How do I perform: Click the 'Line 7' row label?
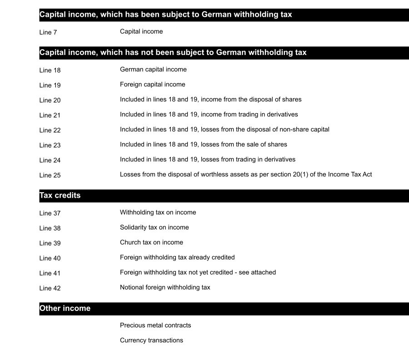click(48, 32)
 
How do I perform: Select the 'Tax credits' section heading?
click(60, 195)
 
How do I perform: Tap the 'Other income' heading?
click(65, 308)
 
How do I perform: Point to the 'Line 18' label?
click(50, 70)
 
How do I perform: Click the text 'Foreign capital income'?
click(153, 85)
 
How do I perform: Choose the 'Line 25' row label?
click(50, 175)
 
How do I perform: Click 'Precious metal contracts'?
click(155, 325)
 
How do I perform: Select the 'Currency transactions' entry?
click(151, 340)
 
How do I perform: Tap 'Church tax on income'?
click(151, 243)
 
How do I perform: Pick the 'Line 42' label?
click(50, 289)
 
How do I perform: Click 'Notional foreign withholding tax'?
click(165, 288)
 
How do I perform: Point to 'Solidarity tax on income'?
click(155, 228)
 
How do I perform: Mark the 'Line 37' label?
click(50, 214)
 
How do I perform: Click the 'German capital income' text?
click(153, 70)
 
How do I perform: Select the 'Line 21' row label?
click(50, 115)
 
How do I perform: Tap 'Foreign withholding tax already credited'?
click(177, 258)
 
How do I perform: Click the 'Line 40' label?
click(50, 259)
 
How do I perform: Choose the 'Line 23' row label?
click(50, 145)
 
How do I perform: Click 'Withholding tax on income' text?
click(158, 213)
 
